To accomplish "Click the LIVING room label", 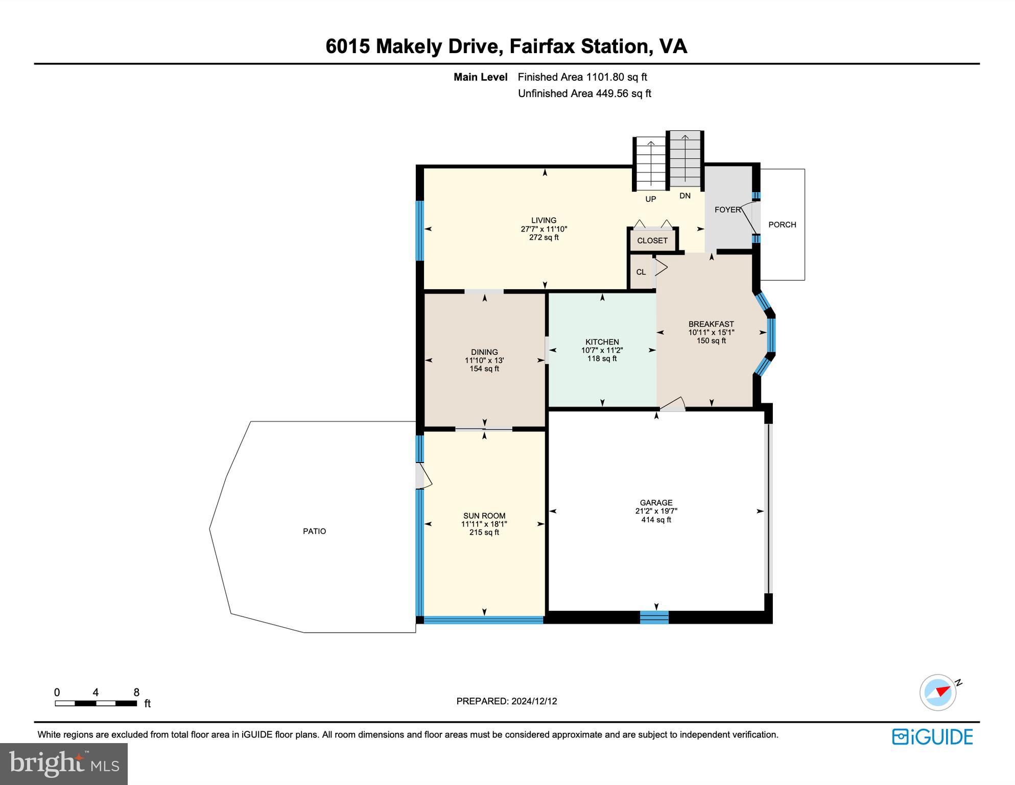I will click(x=544, y=220).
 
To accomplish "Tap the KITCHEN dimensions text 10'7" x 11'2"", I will click(x=602, y=350).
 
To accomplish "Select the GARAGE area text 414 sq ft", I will click(x=656, y=520).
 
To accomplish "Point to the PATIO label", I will click(x=314, y=531).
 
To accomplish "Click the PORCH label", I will click(x=782, y=224).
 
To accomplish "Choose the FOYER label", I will click(x=727, y=210).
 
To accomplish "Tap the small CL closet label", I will click(x=641, y=272).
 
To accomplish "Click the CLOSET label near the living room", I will click(x=652, y=240).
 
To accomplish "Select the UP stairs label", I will click(x=650, y=199).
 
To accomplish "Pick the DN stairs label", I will click(x=684, y=195).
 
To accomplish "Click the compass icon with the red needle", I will click(x=938, y=692).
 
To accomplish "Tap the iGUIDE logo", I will click(x=932, y=736).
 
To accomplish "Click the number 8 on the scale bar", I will click(x=136, y=692).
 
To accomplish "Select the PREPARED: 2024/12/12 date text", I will click(x=506, y=701).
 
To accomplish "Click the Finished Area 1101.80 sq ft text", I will click(x=582, y=77).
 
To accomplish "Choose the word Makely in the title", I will click(x=409, y=46).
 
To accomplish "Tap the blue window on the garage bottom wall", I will click(x=654, y=617).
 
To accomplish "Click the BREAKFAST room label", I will click(x=711, y=324).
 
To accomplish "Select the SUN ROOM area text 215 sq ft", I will click(x=484, y=532).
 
